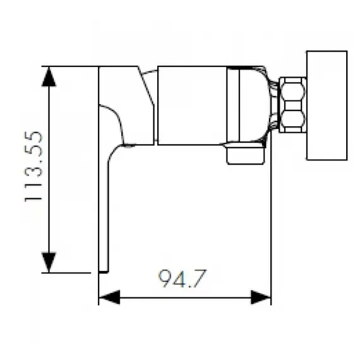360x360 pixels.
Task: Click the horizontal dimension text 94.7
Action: [183, 278]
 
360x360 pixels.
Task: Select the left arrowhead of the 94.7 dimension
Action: [109, 296]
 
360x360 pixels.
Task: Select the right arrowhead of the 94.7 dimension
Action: [261, 296]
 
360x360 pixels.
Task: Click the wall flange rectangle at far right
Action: [326, 105]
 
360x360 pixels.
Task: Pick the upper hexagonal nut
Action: [292, 92]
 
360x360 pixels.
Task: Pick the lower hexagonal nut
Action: [292, 119]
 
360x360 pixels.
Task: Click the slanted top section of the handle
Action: [126, 82]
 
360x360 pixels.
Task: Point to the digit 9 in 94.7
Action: [164, 278]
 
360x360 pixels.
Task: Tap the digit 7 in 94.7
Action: [200, 278]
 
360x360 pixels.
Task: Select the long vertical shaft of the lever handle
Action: [104, 208]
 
